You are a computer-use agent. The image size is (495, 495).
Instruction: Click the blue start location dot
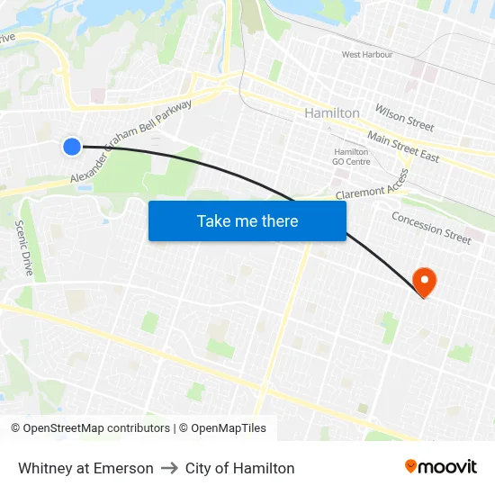click(x=72, y=146)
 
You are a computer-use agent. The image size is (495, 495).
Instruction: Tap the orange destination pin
click(x=422, y=282)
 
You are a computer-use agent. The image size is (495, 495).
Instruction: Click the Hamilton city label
click(x=332, y=113)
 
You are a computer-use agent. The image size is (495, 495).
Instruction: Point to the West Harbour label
click(x=367, y=55)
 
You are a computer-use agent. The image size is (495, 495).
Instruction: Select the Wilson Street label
click(x=404, y=117)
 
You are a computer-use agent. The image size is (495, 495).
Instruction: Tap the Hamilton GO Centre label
click(x=351, y=157)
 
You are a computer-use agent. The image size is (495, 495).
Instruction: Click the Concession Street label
click(x=431, y=228)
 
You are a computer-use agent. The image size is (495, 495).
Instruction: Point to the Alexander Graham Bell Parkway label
click(x=131, y=140)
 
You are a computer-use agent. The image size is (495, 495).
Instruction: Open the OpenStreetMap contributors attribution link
click(x=91, y=428)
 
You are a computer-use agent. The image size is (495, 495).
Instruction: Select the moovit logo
click(x=441, y=467)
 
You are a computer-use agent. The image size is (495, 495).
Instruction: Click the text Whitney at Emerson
click(x=85, y=468)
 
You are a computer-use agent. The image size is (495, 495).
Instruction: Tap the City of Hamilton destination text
click(x=239, y=468)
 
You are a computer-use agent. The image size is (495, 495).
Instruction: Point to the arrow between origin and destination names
click(x=169, y=468)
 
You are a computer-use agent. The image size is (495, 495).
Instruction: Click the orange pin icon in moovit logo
click(x=411, y=466)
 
